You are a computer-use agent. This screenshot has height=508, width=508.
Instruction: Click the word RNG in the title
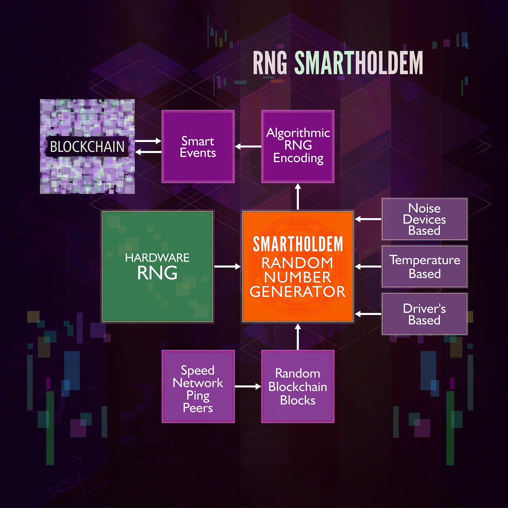pyautogui.click(x=270, y=63)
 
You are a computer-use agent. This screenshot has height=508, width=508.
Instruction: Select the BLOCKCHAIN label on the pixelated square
pyautogui.click(x=87, y=147)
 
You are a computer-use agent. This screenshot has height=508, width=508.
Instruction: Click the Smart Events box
pyautogui.click(x=198, y=146)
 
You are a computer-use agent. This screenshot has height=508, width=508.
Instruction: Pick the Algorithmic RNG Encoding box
pyautogui.click(x=298, y=146)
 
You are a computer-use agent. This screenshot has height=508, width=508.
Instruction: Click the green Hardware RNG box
pyautogui.click(x=157, y=266)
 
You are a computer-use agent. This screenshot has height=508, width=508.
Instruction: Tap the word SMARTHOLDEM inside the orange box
pyautogui.click(x=298, y=244)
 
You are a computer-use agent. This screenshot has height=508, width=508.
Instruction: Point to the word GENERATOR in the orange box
pyautogui.click(x=298, y=292)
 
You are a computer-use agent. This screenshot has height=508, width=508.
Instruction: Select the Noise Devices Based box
pyautogui.click(x=424, y=219)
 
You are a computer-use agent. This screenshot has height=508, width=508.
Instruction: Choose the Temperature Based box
pyautogui.click(x=424, y=266)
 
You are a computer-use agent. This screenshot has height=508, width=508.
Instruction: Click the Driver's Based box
pyautogui.click(x=424, y=314)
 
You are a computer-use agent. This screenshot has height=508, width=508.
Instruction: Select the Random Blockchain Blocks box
pyautogui.click(x=298, y=386)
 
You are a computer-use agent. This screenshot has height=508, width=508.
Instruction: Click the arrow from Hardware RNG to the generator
pyautogui.click(x=227, y=267)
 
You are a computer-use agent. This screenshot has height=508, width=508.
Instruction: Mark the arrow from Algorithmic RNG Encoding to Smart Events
pyautogui.click(x=248, y=147)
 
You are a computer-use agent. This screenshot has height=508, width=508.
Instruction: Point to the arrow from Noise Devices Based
pyautogui.click(x=368, y=219)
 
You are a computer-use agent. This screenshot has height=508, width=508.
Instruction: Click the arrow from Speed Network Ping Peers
pyautogui.click(x=248, y=387)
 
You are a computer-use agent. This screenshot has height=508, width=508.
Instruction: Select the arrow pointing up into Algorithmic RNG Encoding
pyautogui.click(x=298, y=196)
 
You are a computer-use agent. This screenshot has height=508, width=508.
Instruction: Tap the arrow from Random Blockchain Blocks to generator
pyautogui.click(x=298, y=337)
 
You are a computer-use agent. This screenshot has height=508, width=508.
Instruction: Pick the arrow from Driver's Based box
pyautogui.click(x=368, y=314)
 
